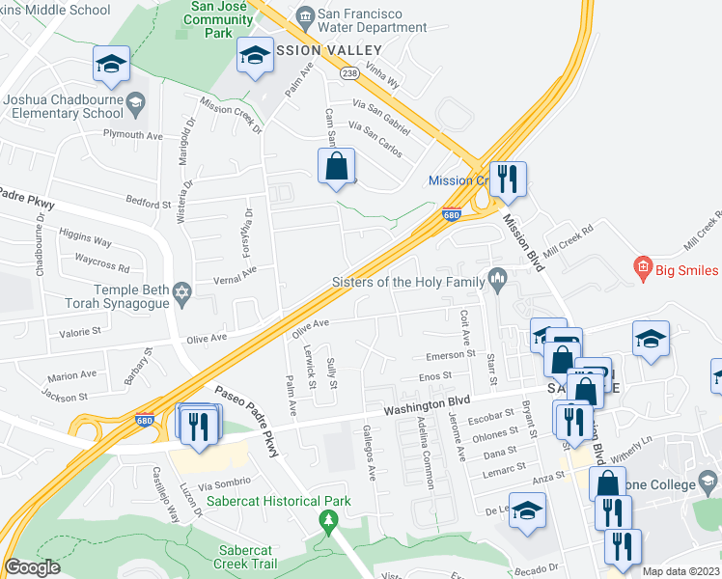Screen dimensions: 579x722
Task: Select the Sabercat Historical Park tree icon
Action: [328, 521]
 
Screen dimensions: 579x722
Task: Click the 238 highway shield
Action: [349, 72]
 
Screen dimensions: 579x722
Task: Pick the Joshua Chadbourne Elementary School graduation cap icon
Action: [137, 100]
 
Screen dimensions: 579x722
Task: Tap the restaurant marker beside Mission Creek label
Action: [507, 179]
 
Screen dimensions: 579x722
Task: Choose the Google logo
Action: [32, 567]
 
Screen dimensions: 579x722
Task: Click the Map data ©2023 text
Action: [680, 571]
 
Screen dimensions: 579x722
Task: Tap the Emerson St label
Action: [452, 354]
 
